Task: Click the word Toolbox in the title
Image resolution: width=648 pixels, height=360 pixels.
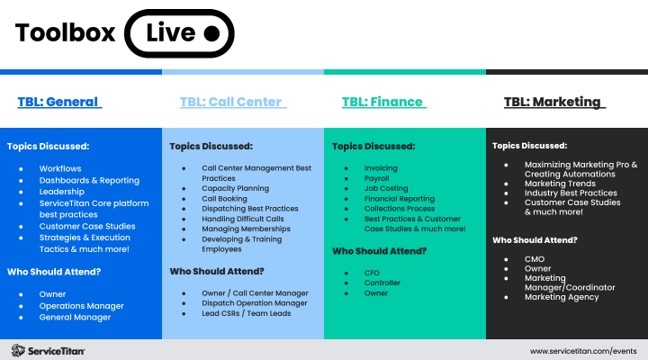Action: pos(65,33)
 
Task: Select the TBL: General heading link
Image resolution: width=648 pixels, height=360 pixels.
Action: pos(58,102)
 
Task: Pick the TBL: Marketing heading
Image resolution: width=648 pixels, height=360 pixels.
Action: pos(553,102)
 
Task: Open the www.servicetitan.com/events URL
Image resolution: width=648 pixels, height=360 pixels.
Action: pos(584,350)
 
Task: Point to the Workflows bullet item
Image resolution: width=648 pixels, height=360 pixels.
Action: pos(59,168)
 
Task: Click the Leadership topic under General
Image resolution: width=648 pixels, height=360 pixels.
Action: pos(62,192)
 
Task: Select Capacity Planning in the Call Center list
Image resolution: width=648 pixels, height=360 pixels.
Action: pos(235,189)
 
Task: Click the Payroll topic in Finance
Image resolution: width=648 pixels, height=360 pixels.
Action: pos(378,178)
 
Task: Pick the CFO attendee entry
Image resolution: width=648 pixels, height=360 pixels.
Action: pos(373,273)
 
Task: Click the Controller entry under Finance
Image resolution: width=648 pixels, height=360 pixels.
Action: pos(382,283)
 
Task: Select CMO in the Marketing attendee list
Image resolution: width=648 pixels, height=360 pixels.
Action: pos(535,259)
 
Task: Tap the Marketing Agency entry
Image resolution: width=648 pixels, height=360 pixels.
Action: pos(562,297)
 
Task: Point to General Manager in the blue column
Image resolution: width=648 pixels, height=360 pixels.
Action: pos(75,317)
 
